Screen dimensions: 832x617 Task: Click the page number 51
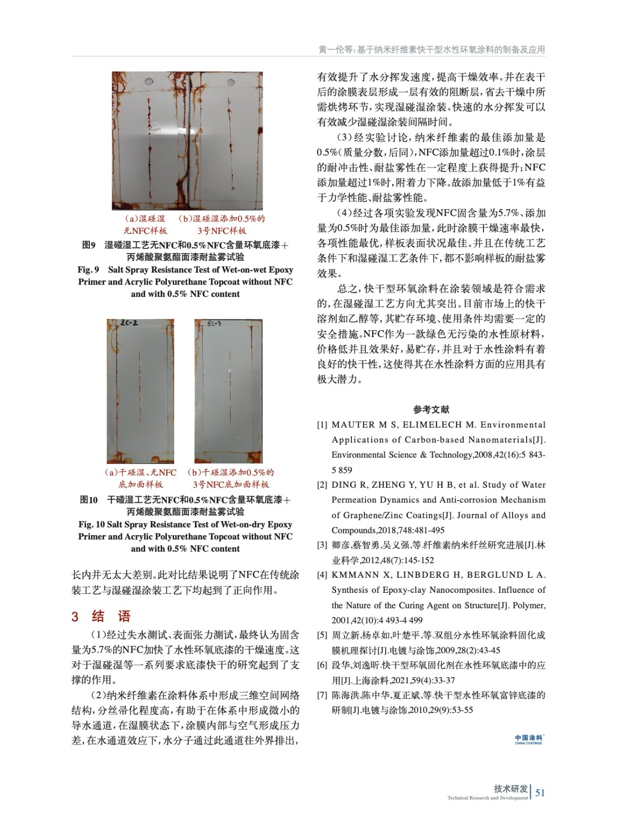(x=540, y=792)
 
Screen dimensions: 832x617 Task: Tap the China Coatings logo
(x=528, y=739)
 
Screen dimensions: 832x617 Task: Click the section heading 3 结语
(x=101, y=616)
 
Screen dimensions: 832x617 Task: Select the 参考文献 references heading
(x=431, y=409)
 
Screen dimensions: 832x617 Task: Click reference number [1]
(x=322, y=425)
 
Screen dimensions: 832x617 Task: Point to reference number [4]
(x=322, y=575)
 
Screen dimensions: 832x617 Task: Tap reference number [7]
(x=322, y=695)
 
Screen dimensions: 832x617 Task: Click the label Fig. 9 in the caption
(x=88, y=269)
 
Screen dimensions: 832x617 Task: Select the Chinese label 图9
(x=89, y=245)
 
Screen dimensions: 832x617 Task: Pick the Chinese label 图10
(x=89, y=500)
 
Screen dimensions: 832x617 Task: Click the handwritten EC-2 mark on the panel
(x=129, y=323)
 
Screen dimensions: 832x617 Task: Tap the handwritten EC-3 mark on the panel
(x=214, y=324)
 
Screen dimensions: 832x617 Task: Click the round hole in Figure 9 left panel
(x=149, y=83)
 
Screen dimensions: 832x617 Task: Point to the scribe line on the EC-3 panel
(x=229, y=385)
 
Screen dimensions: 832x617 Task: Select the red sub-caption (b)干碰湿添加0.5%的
(x=230, y=473)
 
